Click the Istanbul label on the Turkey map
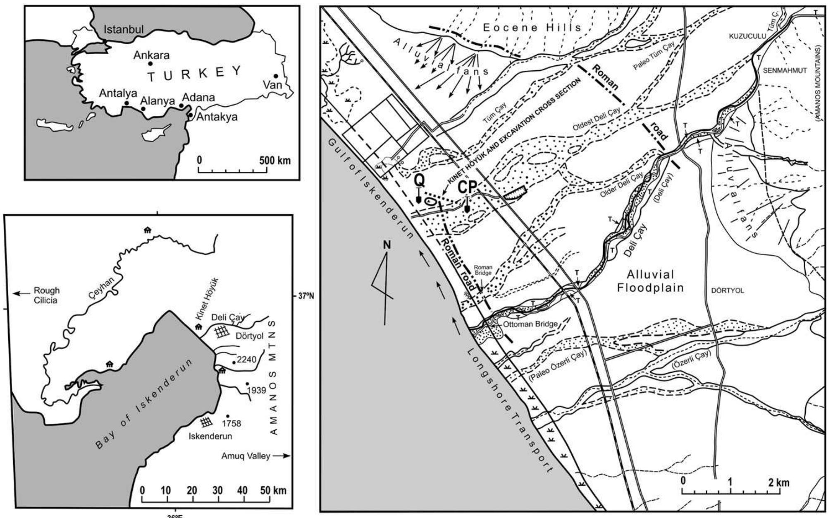tap(124, 29)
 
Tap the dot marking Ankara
tap(151, 64)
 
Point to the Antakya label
tap(217, 117)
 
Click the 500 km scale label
tap(275, 160)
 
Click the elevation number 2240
tap(247, 360)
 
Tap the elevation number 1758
tap(231, 423)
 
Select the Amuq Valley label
tap(246, 456)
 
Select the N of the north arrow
tap(387, 245)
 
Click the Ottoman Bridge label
tap(531, 324)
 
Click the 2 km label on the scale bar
tap(779, 482)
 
